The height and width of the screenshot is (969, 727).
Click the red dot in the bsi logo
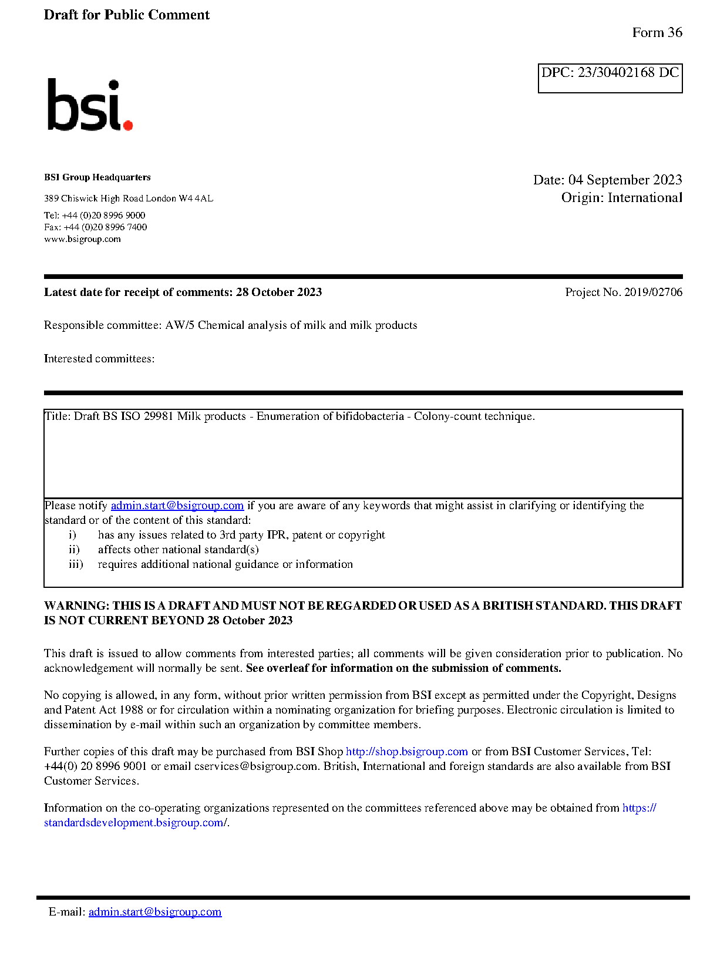click(x=128, y=125)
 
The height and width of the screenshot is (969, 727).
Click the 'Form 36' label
click(x=657, y=33)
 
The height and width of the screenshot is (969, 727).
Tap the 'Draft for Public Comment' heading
click(x=126, y=15)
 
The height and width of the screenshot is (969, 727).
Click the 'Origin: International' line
click(x=621, y=198)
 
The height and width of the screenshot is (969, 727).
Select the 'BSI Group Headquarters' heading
click(x=97, y=177)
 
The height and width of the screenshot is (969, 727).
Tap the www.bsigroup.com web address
click(x=82, y=239)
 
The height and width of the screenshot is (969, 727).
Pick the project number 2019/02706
click(x=653, y=292)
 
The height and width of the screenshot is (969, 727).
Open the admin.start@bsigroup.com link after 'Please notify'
click(x=177, y=506)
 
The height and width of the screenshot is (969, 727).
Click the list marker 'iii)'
click(x=76, y=564)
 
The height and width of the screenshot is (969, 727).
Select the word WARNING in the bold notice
click(x=76, y=606)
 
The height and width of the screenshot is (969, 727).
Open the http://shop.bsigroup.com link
click(x=406, y=752)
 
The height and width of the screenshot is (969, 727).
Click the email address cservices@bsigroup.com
click(x=255, y=766)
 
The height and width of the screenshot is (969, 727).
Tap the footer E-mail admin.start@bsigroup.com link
click(x=155, y=912)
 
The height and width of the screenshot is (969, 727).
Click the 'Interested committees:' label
click(x=99, y=359)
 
